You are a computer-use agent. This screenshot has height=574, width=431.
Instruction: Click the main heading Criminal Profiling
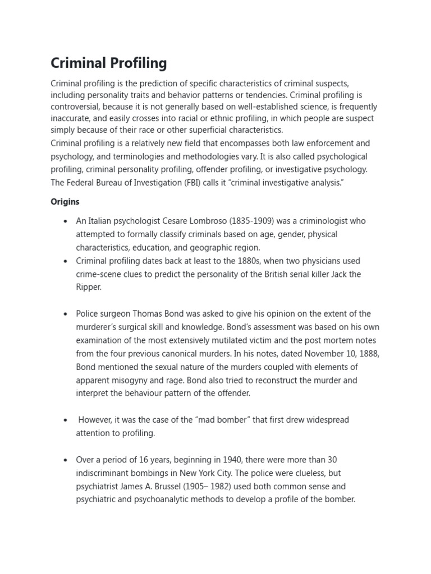tap(109, 63)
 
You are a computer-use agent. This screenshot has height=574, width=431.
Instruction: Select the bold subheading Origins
tap(65, 202)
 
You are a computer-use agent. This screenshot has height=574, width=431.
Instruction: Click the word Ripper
tap(89, 287)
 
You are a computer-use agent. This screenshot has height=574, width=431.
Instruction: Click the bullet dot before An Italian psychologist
tap(66, 221)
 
